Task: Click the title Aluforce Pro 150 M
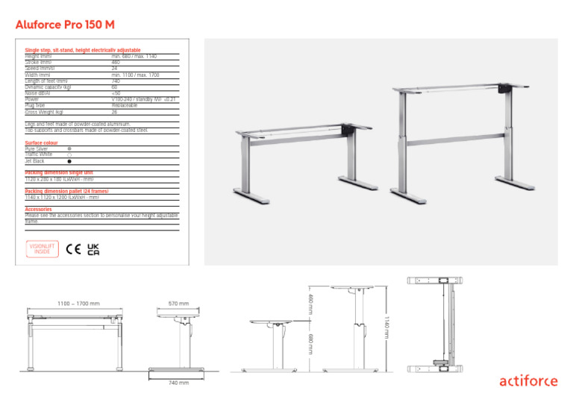click(x=65, y=25)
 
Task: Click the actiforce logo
click(x=527, y=381)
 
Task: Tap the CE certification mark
click(x=74, y=249)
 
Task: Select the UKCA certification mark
click(x=93, y=249)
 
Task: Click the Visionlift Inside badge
click(x=42, y=249)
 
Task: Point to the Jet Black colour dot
click(x=69, y=160)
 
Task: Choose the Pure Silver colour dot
click(x=69, y=148)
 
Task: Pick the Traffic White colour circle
click(x=69, y=154)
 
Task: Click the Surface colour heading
click(x=42, y=142)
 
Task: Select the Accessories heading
click(x=39, y=210)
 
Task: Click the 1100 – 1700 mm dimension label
click(x=78, y=304)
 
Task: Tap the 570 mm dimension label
click(x=178, y=304)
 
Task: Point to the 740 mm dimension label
click(x=178, y=383)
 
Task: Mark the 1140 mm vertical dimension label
click(x=386, y=325)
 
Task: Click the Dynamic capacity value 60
click(x=115, y=87)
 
